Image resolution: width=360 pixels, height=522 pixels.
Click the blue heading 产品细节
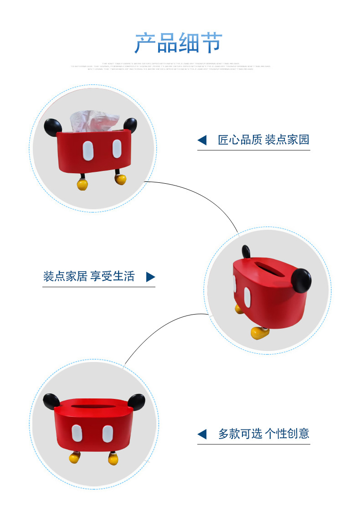tap(178, 43)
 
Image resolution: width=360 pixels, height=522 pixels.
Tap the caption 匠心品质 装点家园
tap(263, 140)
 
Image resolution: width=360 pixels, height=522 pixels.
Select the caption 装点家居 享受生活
tap(89, 276)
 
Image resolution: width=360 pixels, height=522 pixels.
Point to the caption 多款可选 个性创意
tap(263, 434)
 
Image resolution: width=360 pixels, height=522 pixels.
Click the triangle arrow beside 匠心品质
tap(202, 140)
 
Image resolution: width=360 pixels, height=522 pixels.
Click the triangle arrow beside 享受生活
tap(150, 277)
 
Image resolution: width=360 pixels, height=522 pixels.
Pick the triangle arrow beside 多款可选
tap(202, 434)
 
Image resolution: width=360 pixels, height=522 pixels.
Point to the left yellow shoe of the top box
tap(82, 184)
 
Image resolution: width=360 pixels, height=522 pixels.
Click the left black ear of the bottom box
tap(52, 401)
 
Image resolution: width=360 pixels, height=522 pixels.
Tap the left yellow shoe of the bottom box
tap(75, 457)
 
